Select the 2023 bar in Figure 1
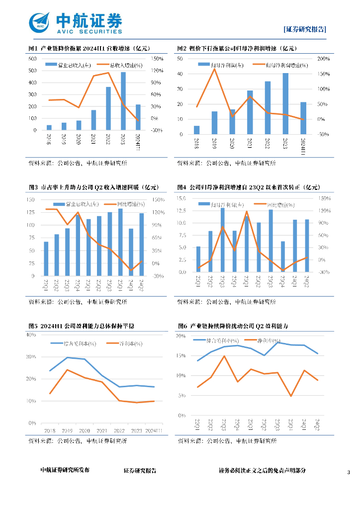(x=123, y=101)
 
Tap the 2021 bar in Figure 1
(x=93, y=120)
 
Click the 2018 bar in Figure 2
(x=197, y=130)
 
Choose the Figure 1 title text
(x=89, y=48)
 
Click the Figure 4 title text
(x=249, y=187)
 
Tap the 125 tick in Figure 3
(x=32, y=212)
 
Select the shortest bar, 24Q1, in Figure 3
(x=131, y=253)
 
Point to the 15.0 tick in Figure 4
(x=181, y=199)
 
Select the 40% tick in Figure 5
(x=31, y=335)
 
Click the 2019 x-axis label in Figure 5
(x=67, y=430)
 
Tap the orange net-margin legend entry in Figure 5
(x=125, y=343)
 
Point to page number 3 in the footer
(x=349, y=471)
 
